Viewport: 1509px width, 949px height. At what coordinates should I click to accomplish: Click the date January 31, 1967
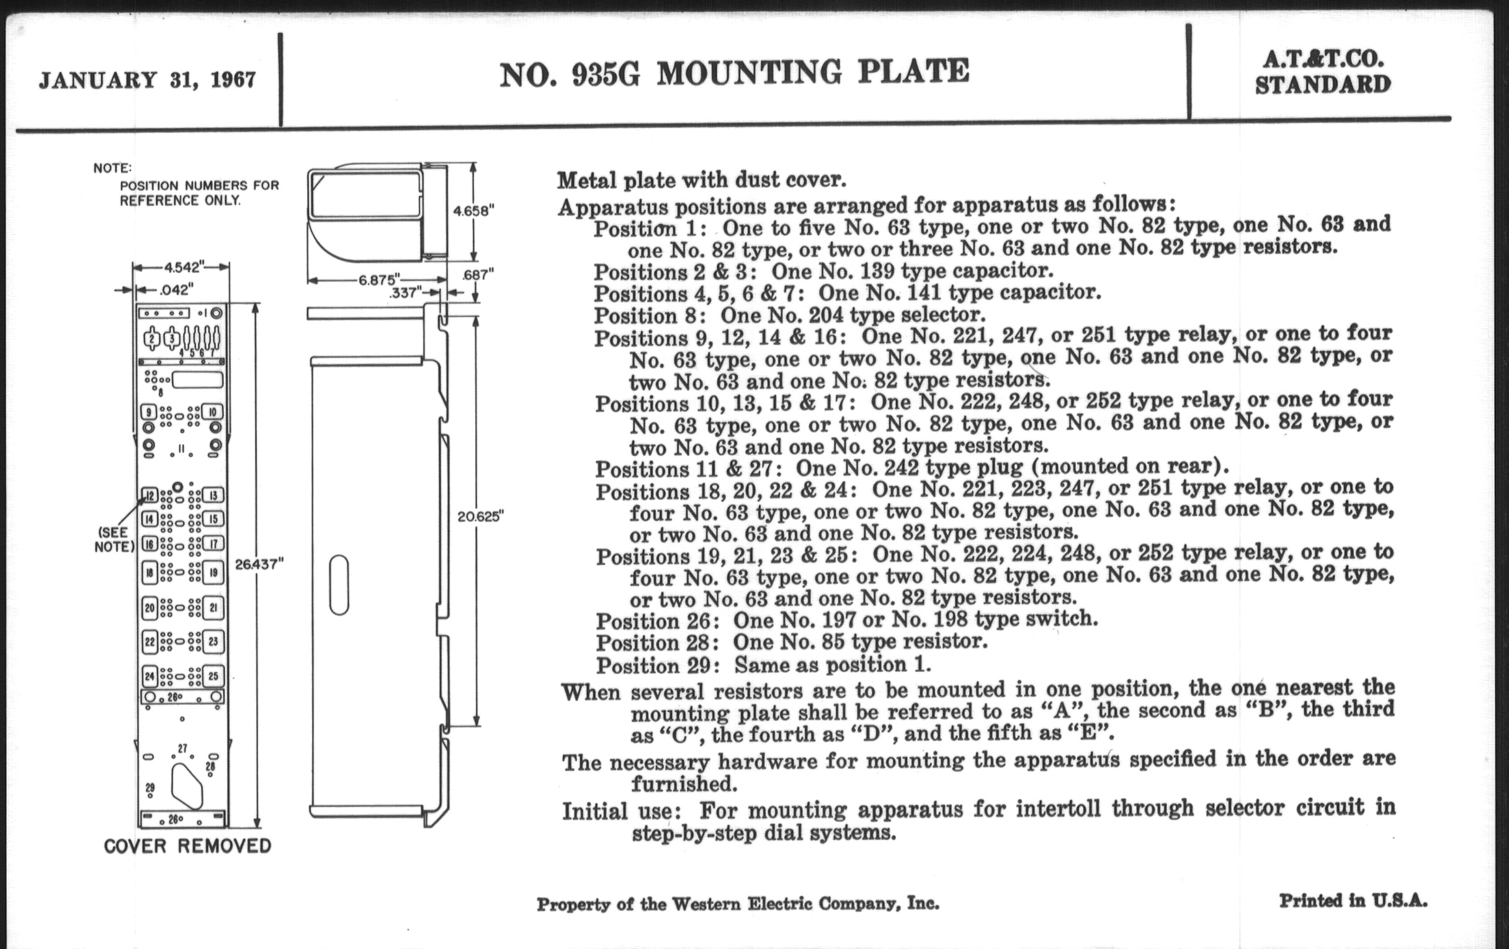(x=147, y=80)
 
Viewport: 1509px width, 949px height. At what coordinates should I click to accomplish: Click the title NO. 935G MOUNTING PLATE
(x=734, y=73)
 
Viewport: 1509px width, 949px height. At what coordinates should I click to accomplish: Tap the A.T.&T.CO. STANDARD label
(x=1323, y=72)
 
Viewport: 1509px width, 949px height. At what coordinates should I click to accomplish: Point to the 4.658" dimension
(x=473, y=211)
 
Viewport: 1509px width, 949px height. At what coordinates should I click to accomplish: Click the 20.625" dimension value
(x=481, y=516)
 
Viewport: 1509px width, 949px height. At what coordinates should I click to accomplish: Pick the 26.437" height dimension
(x=259, y=564)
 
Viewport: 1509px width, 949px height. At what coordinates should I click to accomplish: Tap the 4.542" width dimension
(x=182, y=267)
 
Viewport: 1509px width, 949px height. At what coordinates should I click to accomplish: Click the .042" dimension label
(x=176, y=290)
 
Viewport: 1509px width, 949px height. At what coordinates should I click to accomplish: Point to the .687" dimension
(x=478, y=274)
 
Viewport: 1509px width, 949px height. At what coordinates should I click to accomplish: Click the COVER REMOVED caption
(x=187, y=846)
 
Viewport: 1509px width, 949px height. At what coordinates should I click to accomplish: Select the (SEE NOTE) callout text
(x=114, y=540)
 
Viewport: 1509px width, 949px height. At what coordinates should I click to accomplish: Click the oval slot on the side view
(x=339, y=584)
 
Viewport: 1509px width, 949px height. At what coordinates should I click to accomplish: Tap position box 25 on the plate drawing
(x=213, y=677)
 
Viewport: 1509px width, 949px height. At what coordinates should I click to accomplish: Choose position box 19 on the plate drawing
(x=213, y=572)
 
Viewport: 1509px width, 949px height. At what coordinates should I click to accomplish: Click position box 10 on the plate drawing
(x=212, y=412)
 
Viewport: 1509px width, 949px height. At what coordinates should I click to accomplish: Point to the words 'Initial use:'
(x=621, y=811)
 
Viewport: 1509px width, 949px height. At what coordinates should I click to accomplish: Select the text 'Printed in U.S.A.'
(x=1353, y=901)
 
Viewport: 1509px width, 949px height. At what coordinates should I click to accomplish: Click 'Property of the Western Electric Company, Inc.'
(x=738, y=904)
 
